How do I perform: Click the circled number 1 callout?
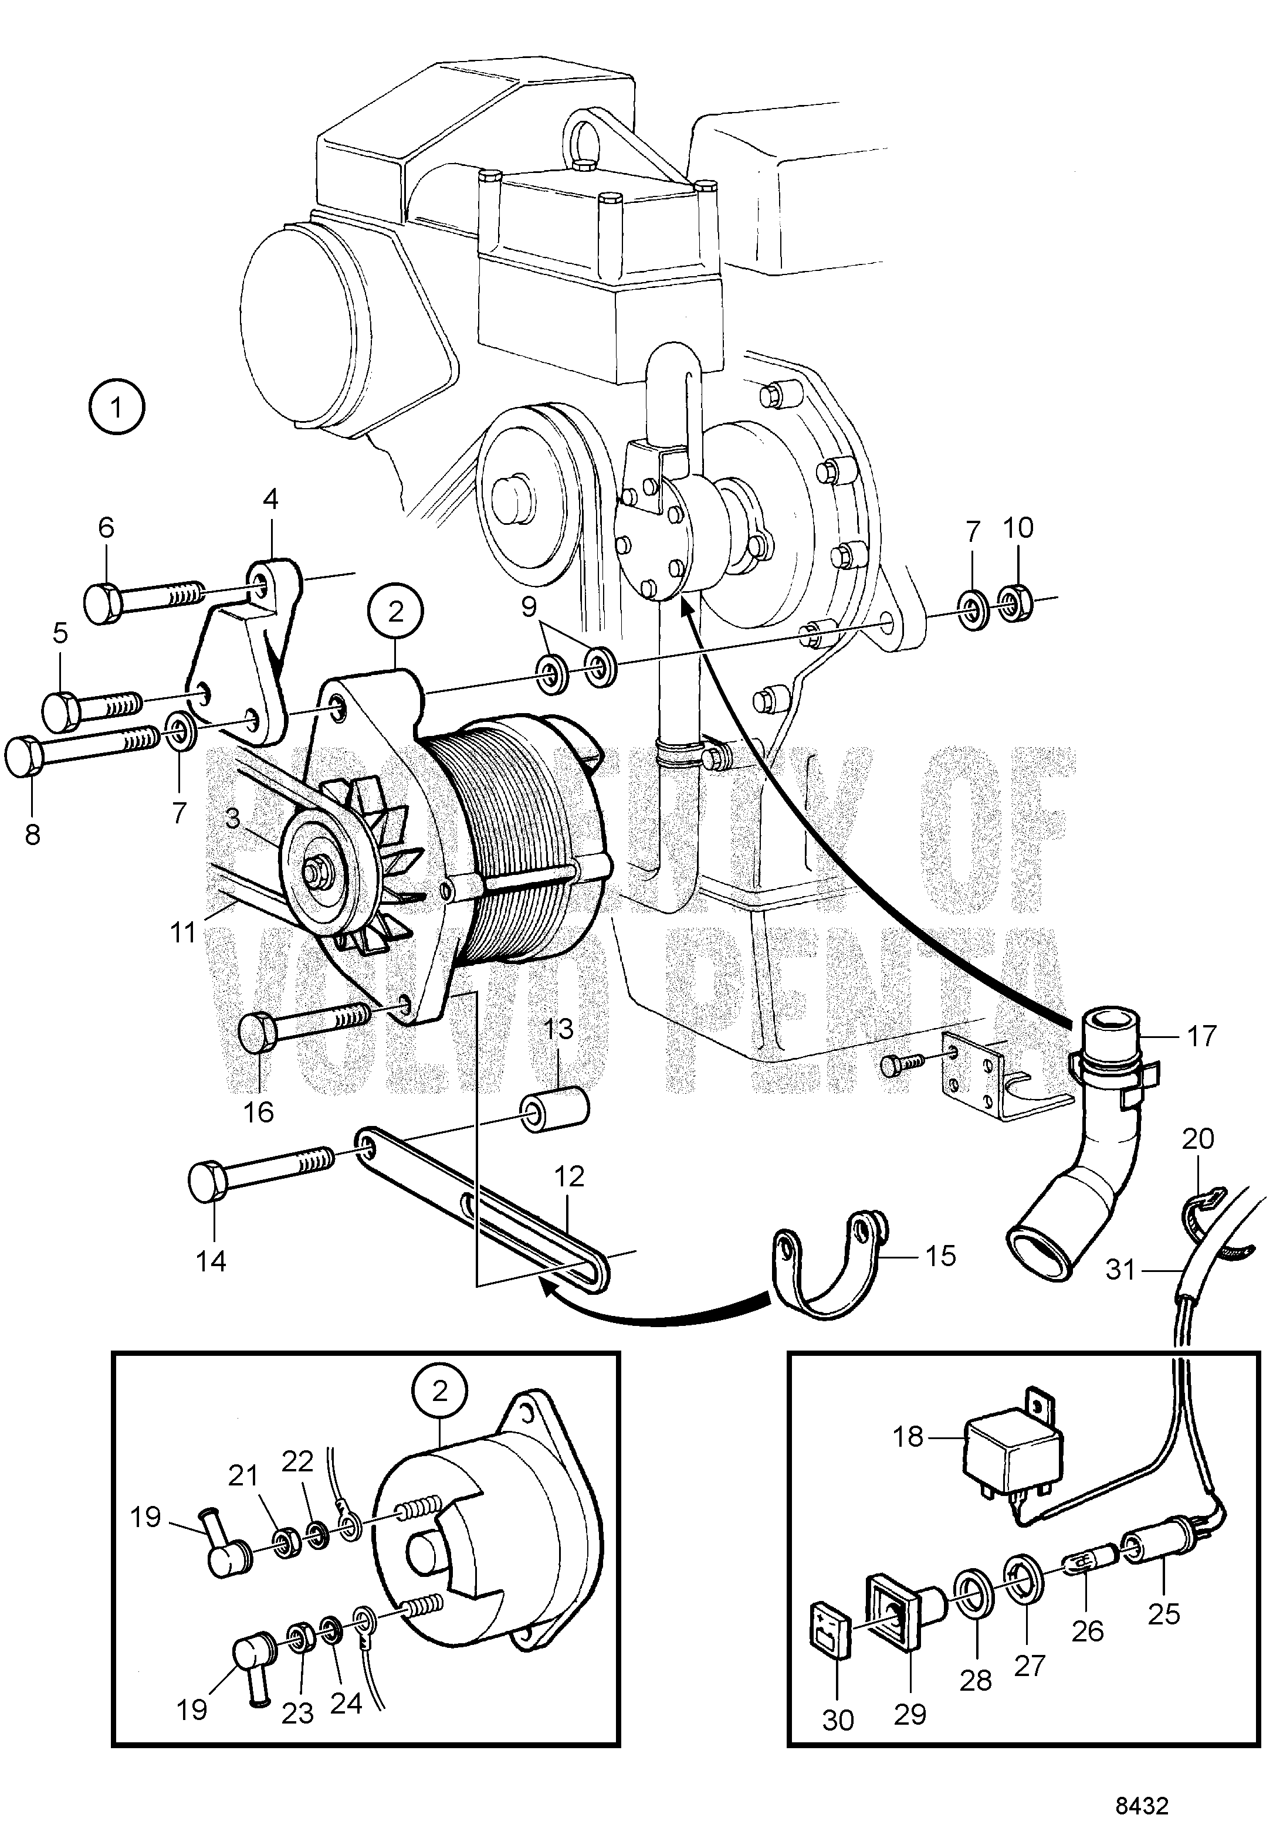pyautogui.click(x=117, y=408)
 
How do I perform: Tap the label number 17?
pyautogui.click(x=1201, y=1036)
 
